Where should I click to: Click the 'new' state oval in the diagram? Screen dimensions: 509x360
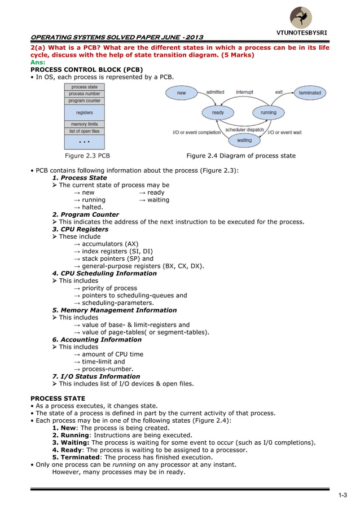pyautogui.click(x=181, y=93)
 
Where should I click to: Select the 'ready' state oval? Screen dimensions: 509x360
pyautogui.click(x=218, y=112)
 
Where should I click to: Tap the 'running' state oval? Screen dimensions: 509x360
pyautogui.click(x=269, y=112)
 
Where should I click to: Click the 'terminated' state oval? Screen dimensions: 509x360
pyautogui.click(x=310, y=93)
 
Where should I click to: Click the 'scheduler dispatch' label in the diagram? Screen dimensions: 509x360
pyautogui.click(x=244, y=130)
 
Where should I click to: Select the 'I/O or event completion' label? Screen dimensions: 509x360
pyautogui.click(x=196, y=133)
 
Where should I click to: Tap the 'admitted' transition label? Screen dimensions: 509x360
pyautogui.click(x=215, y=91)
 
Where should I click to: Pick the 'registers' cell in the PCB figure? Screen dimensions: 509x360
pyautogui.click(x=84, y=113)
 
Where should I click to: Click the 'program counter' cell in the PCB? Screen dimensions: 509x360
pyautogui.click(x=84, y=100)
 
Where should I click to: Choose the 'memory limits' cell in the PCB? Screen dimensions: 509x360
pyautogui.click(x=84, y=124)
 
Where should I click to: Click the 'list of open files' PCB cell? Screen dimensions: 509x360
pyautogui.click(x=84, y=131)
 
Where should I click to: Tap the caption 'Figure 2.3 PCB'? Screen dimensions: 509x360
pyautogui.click(x=87, y=156)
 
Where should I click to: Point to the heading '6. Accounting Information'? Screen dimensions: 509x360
pyautogui.click(x=96, y=340)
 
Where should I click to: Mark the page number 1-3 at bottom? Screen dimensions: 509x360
pyautogui.click(x=343, y=495)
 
